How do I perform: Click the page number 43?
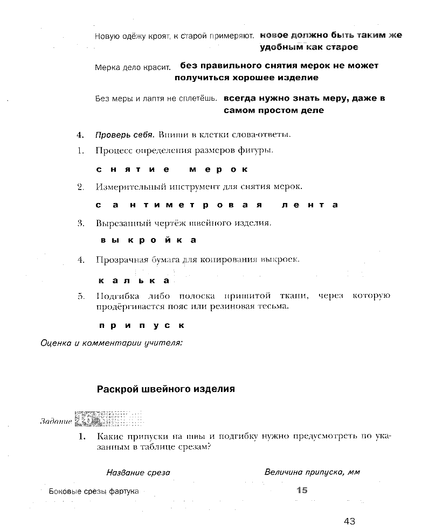point(349,521)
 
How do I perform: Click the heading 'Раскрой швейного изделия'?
point(165,389)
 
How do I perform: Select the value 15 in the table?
point(301,490)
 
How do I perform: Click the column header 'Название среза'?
point(138,472)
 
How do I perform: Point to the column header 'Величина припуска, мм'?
point(312,472)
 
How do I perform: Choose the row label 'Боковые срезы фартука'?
point(94,491)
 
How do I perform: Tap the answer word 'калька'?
point(134,281)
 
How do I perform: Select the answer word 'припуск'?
point(142,325)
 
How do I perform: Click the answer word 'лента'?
point(309,205)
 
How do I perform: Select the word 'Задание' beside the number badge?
point(56,421)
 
